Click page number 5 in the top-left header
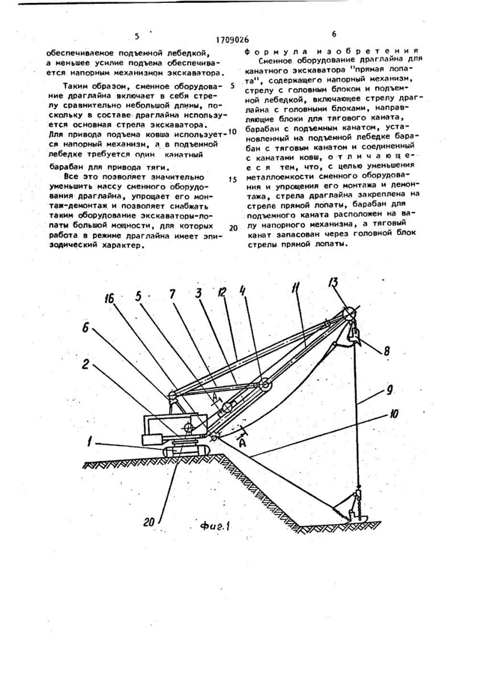coord(137,36)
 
